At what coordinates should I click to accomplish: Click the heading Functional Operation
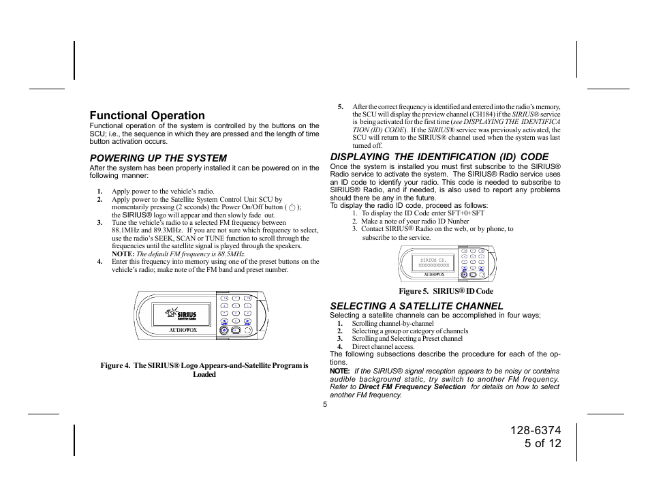coord(147,116)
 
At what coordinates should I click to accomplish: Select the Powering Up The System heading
coord(158,158)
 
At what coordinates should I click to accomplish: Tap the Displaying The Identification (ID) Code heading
coord(439,157)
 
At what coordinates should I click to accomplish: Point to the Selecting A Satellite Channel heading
coord(416,306)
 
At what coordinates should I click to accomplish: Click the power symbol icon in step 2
coord(292,207)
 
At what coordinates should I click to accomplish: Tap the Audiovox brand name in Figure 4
coord(183,331)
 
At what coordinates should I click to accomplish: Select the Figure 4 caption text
coord(204,370)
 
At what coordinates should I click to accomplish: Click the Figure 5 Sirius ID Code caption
coord(446,291)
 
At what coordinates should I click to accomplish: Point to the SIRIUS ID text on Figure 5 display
coord(433,260)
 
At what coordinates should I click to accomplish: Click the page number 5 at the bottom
coord(325,404)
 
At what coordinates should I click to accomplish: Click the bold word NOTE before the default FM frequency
coord(123,254)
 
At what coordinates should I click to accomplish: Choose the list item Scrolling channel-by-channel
coord(392,324)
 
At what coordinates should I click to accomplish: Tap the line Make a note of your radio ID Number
coord(415,222)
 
